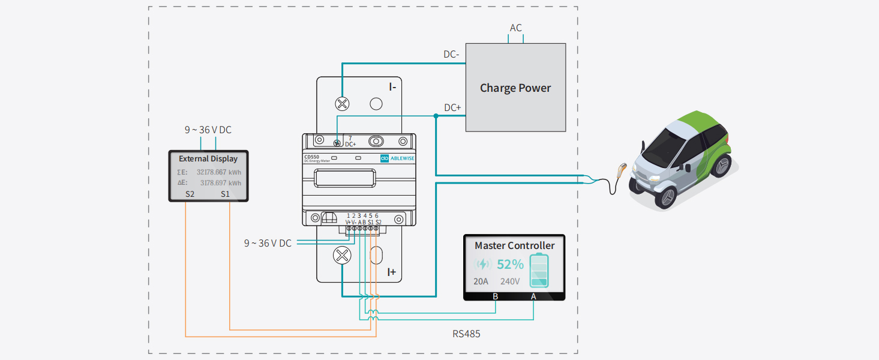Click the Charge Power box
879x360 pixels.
click(x=515, y=88)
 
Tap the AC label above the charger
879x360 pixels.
click(x=516, y=28)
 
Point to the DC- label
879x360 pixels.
click(x=451, y=55)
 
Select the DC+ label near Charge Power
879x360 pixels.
click(x=452, y=108)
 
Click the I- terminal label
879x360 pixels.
click(x=392, y=86)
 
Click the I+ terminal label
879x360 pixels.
click(x=391, y=272)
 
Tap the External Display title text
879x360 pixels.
click(x=208, y=159)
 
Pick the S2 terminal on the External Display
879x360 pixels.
click(x=190, y=194)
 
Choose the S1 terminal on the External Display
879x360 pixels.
click(x=225, y=194)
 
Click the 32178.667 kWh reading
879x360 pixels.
click(x=219, y=172)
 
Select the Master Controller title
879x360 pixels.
click(x=514, y=245)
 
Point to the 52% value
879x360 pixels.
click(x=510, y=264)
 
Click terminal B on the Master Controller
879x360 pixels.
click(x=495, y=296)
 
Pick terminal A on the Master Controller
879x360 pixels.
click(x=533, y=296)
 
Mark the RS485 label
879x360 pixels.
click(x=466, y=334)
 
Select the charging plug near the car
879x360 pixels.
click(x=622, y=169)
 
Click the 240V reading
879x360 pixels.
click(x=510, y=281)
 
